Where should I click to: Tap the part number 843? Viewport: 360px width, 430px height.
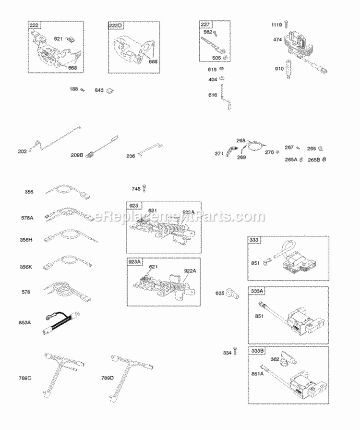pyautogui.click(x=99, y=90)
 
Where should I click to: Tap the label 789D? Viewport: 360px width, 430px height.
pyautogui.click(x=108, y=378)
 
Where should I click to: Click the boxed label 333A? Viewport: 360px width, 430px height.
pyautogui.click(x=256, y=291)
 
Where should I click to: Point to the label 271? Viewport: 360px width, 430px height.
pyautogui.click(x=219, y=154)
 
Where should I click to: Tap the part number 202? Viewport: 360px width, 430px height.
pyautogui.click(x=23, y=152)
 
